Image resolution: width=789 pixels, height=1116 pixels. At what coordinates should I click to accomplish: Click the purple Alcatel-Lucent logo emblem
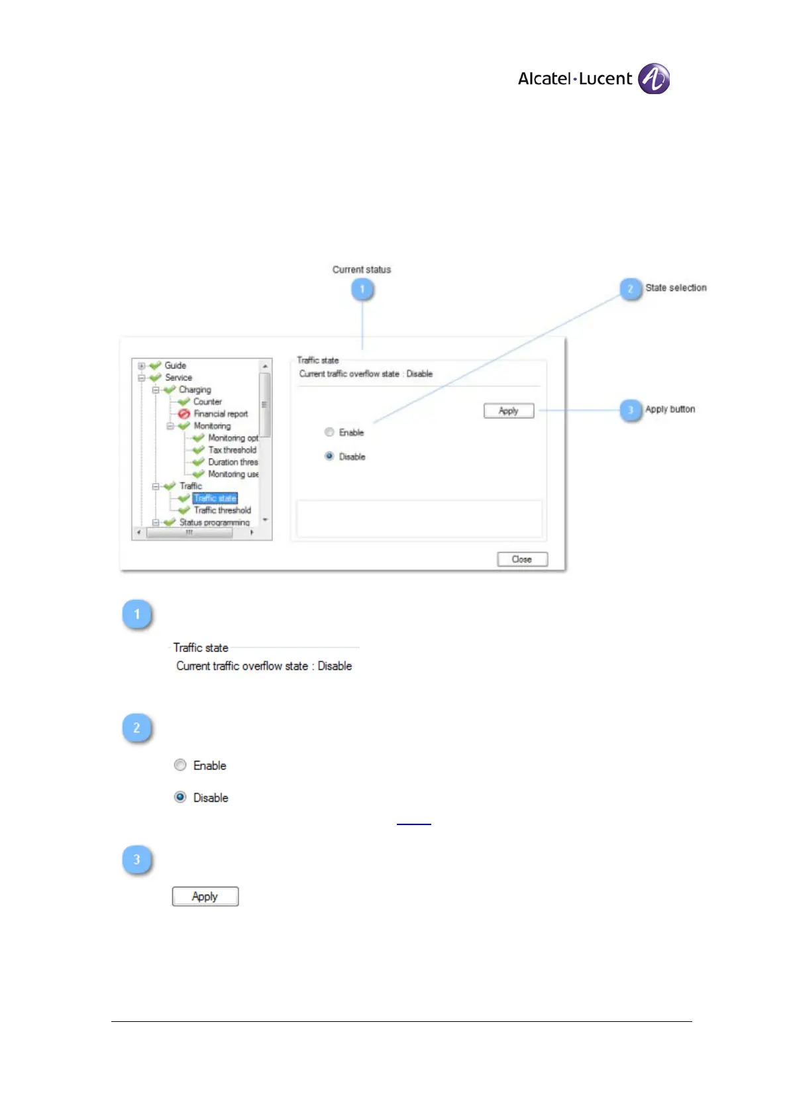[653, 79]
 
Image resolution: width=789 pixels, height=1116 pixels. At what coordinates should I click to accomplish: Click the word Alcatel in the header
[544, 79]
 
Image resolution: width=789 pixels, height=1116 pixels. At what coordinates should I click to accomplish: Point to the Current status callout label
[362, 270]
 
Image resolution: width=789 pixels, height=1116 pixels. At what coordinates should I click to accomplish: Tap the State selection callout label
[676, 288]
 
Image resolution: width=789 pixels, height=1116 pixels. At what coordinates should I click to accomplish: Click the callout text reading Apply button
[670, 410]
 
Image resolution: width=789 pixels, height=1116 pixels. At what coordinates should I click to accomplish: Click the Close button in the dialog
[522, 559]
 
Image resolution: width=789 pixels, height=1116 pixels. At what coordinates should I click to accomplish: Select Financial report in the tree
[221, 414]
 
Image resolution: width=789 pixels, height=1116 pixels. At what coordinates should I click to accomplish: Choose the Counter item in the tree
[207, 402]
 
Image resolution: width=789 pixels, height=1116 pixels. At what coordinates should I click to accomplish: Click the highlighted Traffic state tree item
[215, 498]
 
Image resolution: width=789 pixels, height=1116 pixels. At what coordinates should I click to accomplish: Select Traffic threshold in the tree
[222, 510]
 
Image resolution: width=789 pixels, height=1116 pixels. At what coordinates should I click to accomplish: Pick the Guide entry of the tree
[175, 365]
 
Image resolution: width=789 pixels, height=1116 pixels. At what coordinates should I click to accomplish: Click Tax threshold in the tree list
[232, 450]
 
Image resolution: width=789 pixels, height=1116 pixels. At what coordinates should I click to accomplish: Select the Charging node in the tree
[195, 390]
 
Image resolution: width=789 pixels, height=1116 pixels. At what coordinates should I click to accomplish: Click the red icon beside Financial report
[184, 414]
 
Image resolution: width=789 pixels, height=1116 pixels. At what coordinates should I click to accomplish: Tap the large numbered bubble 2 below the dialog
[137, 728]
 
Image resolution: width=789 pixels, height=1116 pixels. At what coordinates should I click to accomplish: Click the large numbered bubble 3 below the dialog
[137, 860]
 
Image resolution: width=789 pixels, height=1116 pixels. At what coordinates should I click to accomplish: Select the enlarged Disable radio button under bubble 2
[180, 797]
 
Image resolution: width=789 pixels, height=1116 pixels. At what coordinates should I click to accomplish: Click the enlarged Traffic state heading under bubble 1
[201, 647]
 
